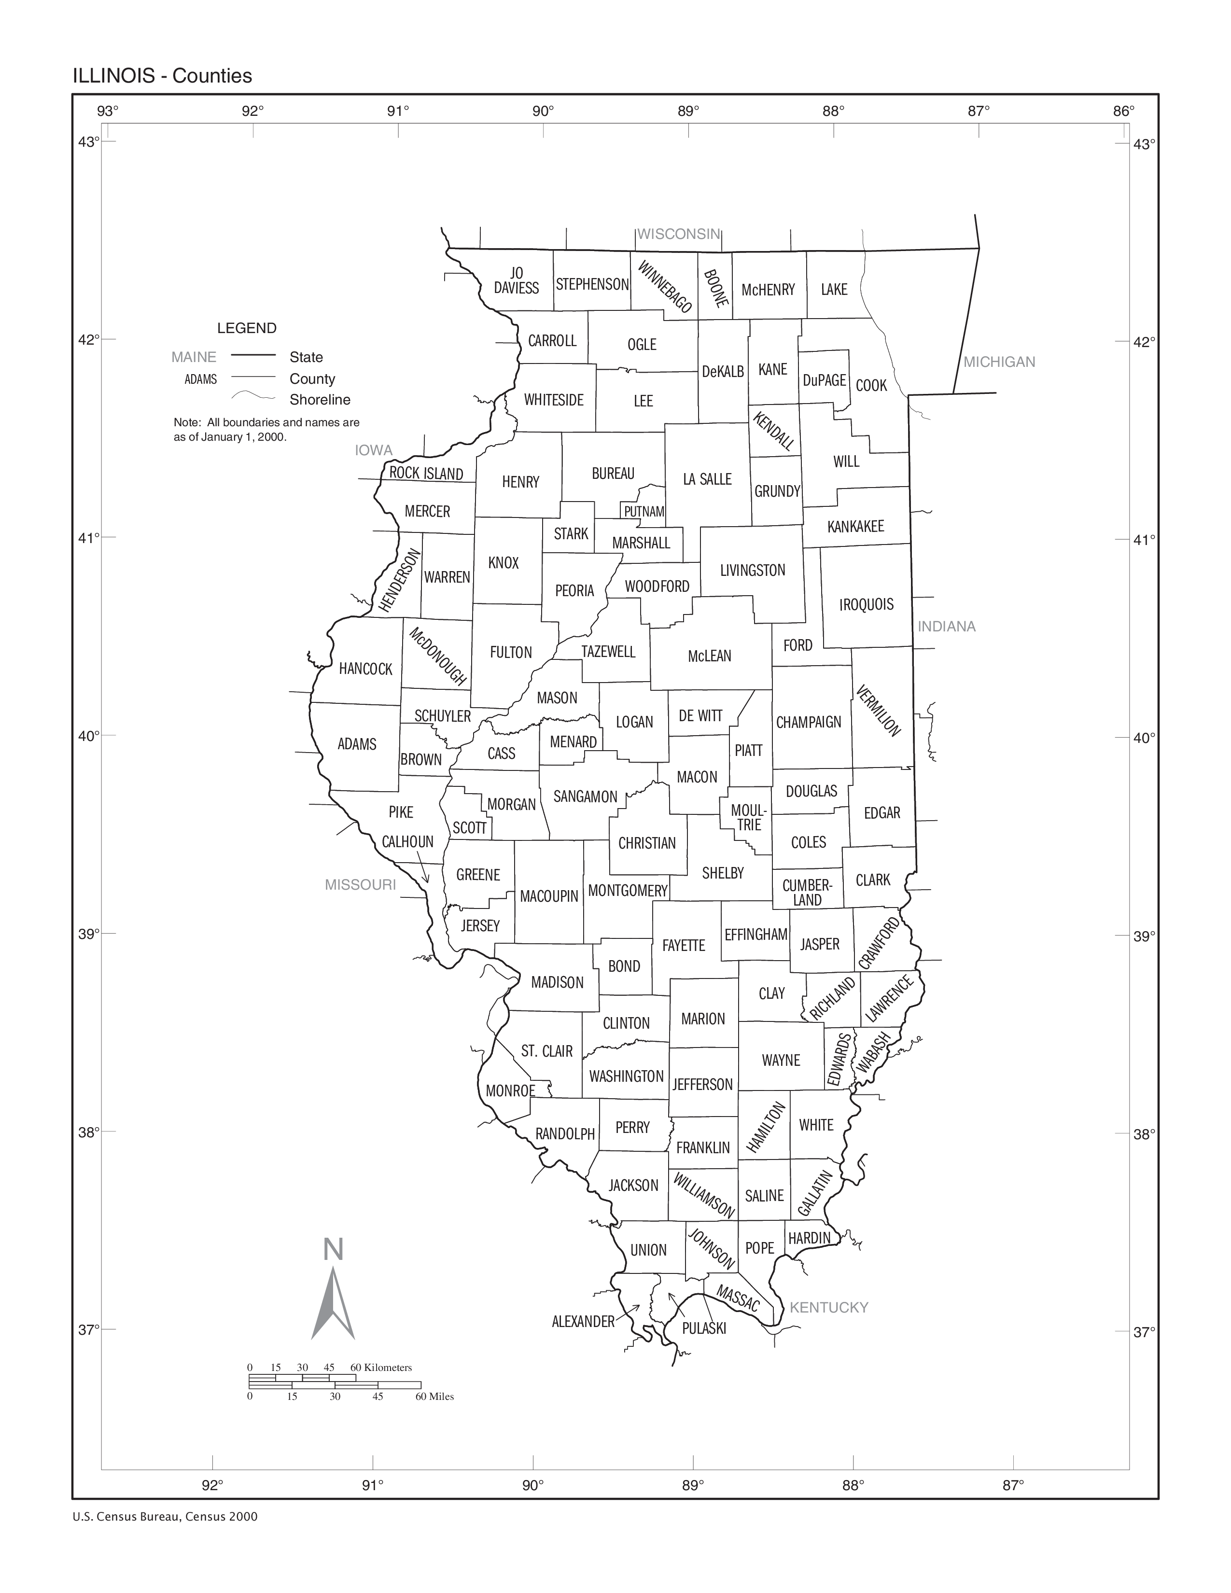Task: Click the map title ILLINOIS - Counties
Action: (x=162, y=76)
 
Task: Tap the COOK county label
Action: (x=871, y=385)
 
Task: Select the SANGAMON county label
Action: (x=585, y=796)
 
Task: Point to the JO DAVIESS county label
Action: (x=517, y=281)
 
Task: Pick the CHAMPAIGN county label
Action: (x=808, y=722)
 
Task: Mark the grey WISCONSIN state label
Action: (x=678, y=234)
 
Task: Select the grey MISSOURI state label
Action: (x=360, y=885)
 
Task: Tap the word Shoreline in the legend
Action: (x=320, y=400)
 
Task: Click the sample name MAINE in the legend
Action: (x=193, y=357)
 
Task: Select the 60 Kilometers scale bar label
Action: (x=381, y=1368)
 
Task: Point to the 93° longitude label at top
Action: (x=108, y=111)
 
